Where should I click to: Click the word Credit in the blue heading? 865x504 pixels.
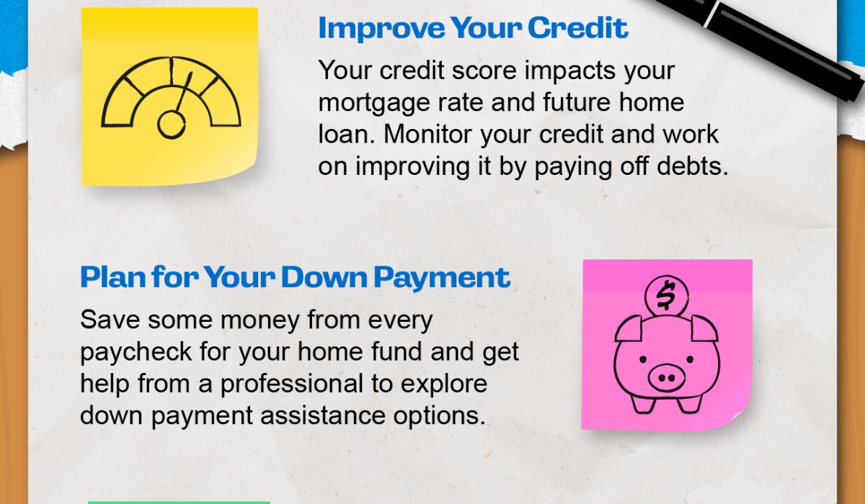click(577, 27)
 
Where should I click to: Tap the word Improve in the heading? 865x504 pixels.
click(381, 29)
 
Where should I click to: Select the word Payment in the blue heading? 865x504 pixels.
click(442, 278)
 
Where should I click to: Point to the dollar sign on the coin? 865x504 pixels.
click(666, 295)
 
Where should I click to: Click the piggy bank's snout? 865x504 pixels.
click(666, 378)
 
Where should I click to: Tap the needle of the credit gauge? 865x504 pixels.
click(184, 93)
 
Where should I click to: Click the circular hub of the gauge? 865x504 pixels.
click(171, 125)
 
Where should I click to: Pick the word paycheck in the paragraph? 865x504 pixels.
click(136, 353)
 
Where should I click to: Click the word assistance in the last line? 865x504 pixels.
click(323, 416)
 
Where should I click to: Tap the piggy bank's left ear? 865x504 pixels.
click(629, 329)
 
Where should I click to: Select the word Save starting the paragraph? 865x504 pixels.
click(110, 320)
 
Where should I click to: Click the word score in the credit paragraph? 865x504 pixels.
click(484, 71)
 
